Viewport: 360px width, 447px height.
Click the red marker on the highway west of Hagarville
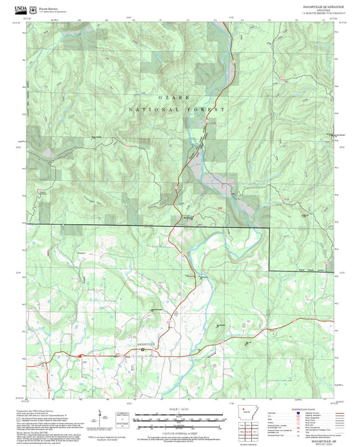pos(79,353)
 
